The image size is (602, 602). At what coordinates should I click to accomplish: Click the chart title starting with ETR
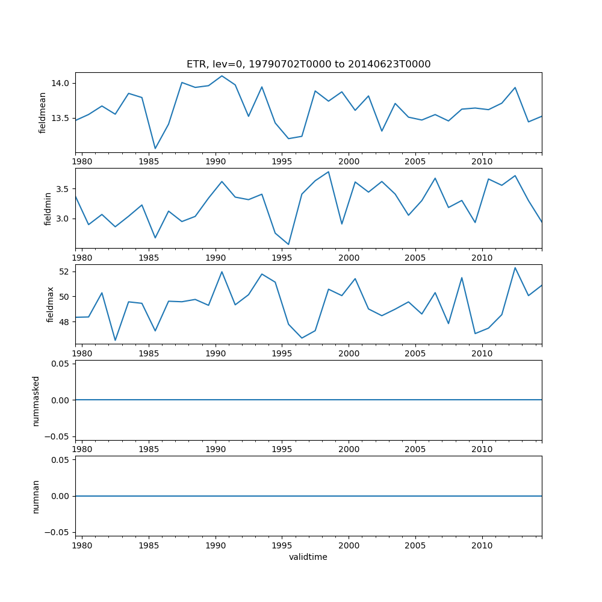point(308,64)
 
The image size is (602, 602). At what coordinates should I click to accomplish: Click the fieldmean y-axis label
point(42,113)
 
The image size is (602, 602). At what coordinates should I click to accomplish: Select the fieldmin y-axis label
point(48,208)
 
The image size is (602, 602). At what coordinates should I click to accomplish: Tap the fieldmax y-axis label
point(50,304)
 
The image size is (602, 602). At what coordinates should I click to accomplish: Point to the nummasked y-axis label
point(36,400)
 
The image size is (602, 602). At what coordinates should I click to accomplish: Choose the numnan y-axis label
point(36,496)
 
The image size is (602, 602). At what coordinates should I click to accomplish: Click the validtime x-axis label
point(308,557)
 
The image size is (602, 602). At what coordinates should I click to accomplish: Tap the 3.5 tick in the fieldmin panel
point(63,189)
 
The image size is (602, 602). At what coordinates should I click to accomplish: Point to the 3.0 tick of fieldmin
point(63,219)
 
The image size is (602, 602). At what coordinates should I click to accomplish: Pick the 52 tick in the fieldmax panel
point(65,272)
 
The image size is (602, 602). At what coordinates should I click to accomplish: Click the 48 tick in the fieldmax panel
point(65,321)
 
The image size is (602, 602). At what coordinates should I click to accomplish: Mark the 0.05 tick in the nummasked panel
point(60,364)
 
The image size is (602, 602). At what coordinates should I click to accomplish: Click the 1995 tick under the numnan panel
point(282,546)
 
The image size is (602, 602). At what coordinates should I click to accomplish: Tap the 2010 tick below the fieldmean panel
point(482,162)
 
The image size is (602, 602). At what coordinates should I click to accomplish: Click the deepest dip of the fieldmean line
point(155,149)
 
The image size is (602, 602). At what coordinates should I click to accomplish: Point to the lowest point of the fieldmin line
point(288,244)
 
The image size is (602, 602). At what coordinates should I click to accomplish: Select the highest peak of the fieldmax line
point(515,267)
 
